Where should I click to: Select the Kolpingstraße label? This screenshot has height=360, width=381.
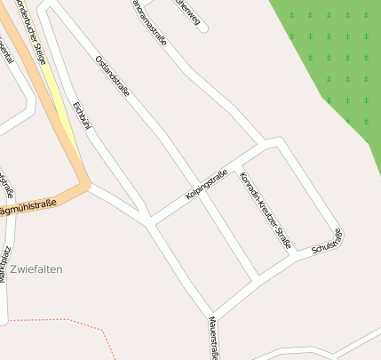pyautogui.click(x=207, y=184)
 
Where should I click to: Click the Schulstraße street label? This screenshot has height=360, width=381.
pyautogui.click(x=327, y=242)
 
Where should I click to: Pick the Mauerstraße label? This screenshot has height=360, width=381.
pyautogui.click(x=213, y=338)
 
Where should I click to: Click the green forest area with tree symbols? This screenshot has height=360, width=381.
pyautogui.click(x=333, y=53)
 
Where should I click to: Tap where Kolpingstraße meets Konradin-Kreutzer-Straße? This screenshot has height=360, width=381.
pyautogui.click(x=238, y=167)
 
